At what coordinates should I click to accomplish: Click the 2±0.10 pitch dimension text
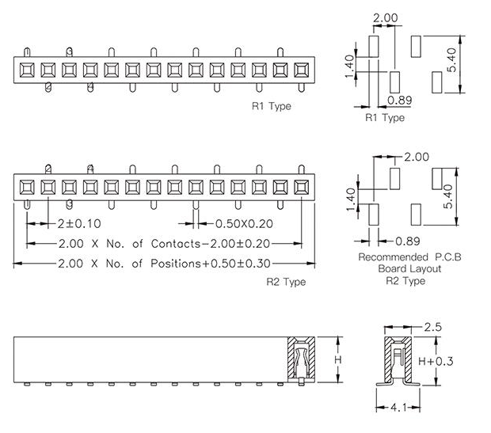[x=79, y=224]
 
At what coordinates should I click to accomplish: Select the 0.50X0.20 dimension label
[x=244, y=224]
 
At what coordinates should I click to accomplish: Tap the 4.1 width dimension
[x=398, y=408]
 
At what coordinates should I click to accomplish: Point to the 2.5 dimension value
[x=432, y=327]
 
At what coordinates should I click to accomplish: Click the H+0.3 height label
[x=436, y=361]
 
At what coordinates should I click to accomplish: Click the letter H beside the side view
[x=338, y=359]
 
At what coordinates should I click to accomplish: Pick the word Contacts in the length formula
[x=175, y=244]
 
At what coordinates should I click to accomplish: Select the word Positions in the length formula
[x=175, y=264]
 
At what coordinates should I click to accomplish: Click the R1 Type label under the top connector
[x=272, y=106]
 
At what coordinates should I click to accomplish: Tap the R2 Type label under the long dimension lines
[x=286, y=282]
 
